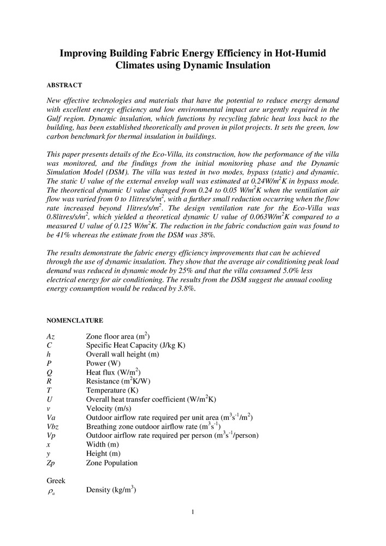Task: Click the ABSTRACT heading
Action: [64, 86]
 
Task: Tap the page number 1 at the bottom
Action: [193, 512]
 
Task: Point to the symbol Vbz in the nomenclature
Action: [53, 426]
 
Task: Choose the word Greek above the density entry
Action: [56, 480]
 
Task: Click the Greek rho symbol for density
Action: [52, 491]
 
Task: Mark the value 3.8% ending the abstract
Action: [184, 289]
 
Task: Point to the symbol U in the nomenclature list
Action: [50, 400]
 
